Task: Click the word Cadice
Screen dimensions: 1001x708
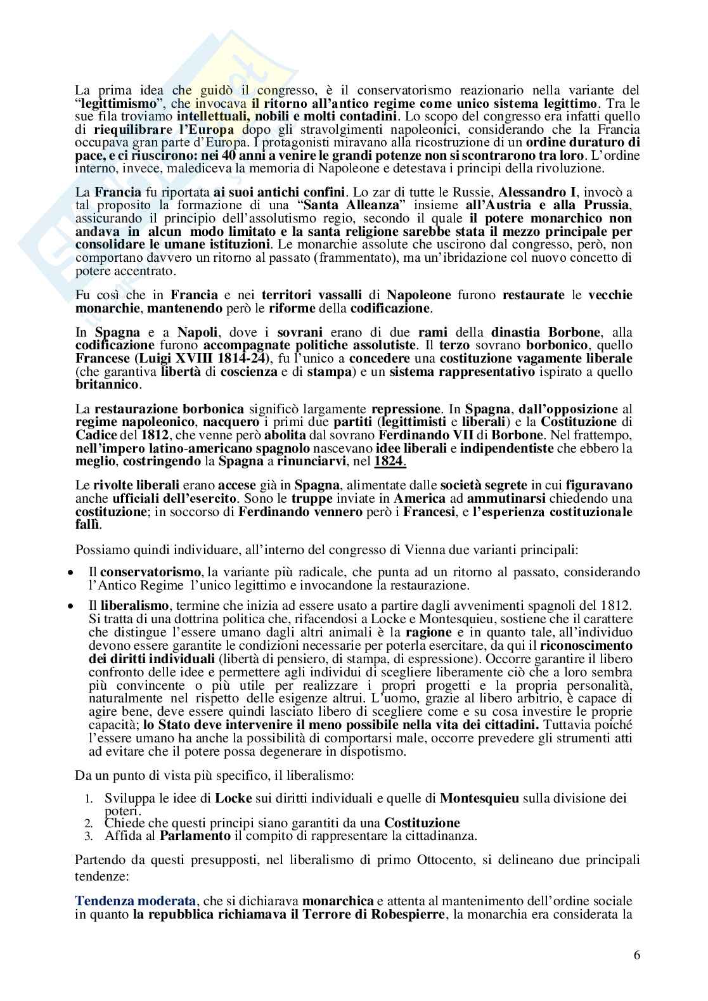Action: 96,435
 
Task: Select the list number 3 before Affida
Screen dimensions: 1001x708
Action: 89,836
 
